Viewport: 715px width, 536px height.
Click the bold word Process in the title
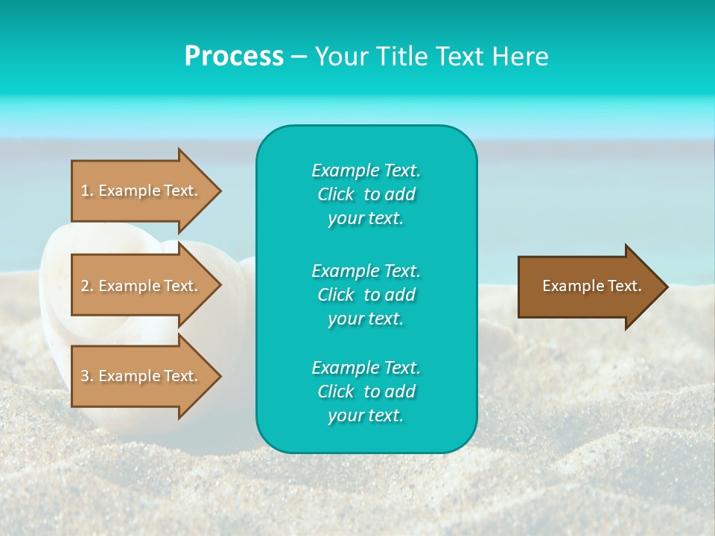(x=234, y=57)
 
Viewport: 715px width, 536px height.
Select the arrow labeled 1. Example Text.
(x=142, y=191)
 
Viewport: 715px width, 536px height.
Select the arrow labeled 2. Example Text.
(x=142, y=286)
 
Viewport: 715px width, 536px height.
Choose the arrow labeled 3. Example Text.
(x=142, y=376)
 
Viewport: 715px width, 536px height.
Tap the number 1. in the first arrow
(x=87, y=191)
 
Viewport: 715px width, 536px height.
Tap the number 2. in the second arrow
(x=87, y=286)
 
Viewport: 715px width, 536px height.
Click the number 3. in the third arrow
(x=87, y=376)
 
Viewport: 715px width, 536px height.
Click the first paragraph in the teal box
(x=366, y=194)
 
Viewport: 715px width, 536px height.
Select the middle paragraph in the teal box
(x=366, y=295)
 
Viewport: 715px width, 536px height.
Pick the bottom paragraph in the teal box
(x=366, y=392)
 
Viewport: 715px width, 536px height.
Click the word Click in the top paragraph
(x=335, y=194)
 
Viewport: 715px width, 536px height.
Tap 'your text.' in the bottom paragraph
(x=366, y=416)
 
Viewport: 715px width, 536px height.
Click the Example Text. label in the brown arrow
(x=591, y=286)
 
